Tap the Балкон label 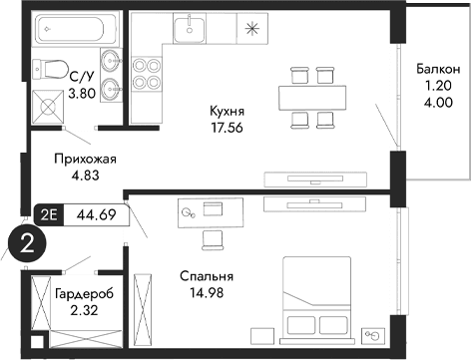pos(437,69)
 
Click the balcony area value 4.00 pos(437,101)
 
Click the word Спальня pos(207,276)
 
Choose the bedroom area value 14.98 pos(207,292)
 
